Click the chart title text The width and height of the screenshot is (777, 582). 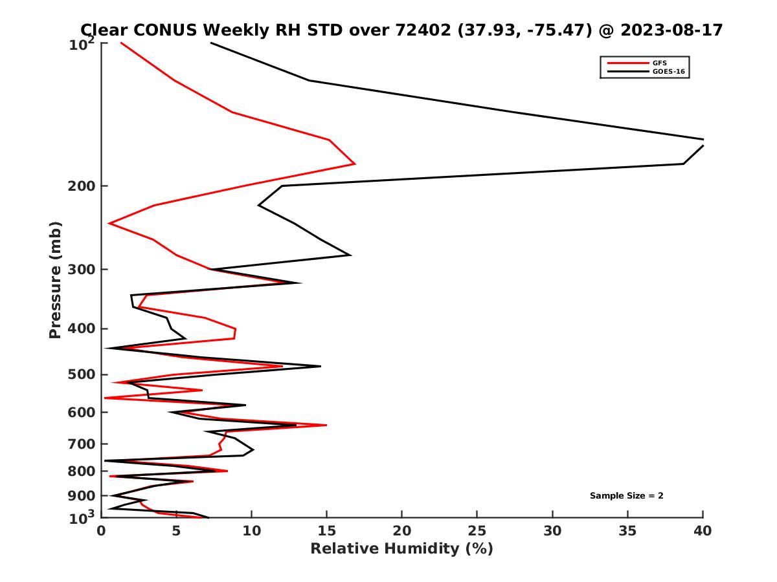coord(401,30)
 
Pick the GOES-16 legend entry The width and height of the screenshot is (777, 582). coord(666,72)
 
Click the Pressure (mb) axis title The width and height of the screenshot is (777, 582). coord(55,279)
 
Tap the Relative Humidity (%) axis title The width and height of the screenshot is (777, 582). coord(401,549)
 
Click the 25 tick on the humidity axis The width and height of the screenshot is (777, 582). coord(477,531)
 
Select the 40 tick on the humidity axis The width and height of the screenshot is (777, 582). coord(703,531)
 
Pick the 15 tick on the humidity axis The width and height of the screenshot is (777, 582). coord(327,531)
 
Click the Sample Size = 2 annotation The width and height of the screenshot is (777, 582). coord(626,496)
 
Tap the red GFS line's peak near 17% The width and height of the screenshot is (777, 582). coord(355,164)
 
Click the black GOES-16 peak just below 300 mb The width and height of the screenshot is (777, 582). coord(300,283)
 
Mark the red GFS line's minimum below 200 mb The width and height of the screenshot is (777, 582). coord(109,224)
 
